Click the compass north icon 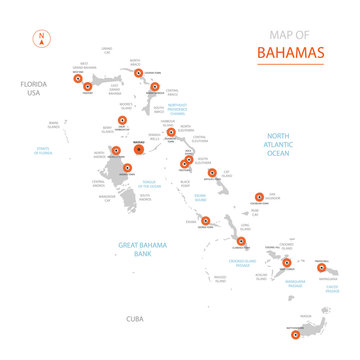click(x=41, y=40)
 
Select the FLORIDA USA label click(x=38, y=88)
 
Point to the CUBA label click(x=134, y=318)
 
